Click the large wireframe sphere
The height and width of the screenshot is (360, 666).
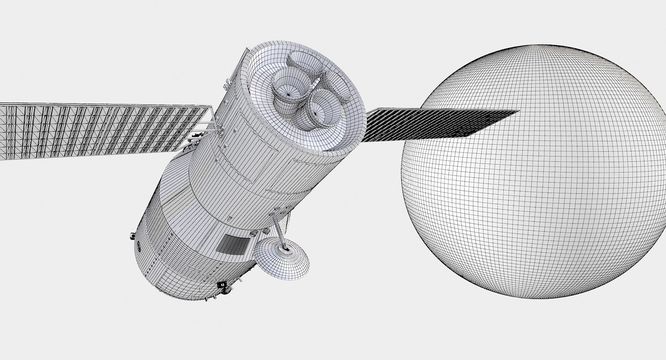click(541, 194)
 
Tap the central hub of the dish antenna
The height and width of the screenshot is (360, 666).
click(285, 248)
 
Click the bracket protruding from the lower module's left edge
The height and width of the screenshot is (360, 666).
click(131, 236)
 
